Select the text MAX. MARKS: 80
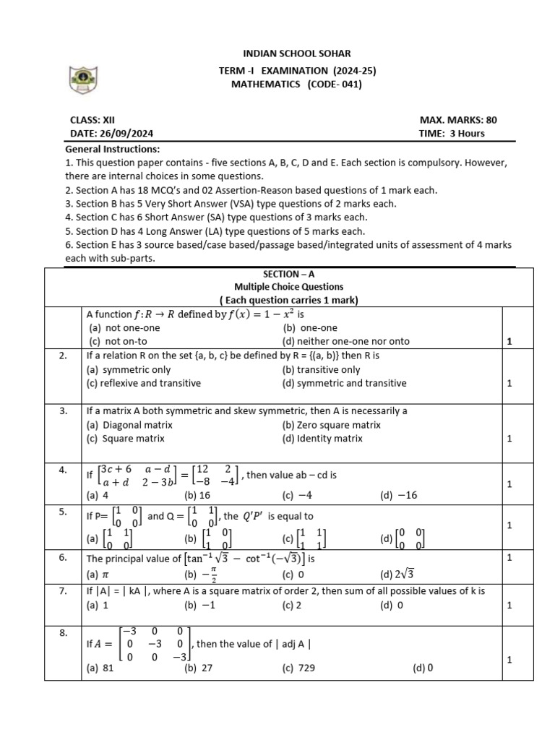coord(458,120)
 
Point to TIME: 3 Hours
coord(452,134)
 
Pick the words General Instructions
coord(108,148)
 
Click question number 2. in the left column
coord(64,356)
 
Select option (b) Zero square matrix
coord(331,425)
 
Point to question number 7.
coord(64,591)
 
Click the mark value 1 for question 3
coord(509,439)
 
